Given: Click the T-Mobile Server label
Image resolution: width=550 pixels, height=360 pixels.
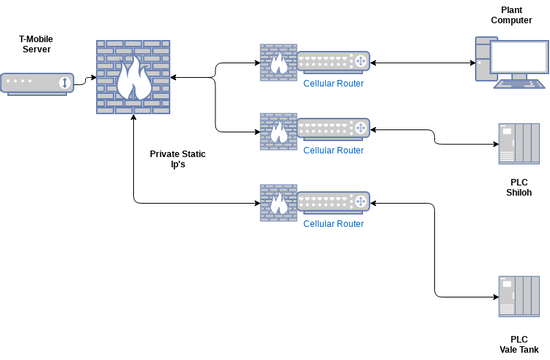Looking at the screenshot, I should (x=36, y=45).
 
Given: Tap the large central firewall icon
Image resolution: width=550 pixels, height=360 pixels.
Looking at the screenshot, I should (x=132, y=76).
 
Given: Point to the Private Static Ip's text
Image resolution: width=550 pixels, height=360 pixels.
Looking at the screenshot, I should (x=178, y=160).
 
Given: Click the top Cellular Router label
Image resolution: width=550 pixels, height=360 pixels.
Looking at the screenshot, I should (x=333, y=84).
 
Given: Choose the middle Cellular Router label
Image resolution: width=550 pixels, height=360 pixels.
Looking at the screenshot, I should (x=333, y=150).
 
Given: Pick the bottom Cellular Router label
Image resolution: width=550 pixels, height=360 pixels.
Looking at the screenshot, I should (x=333, y=224).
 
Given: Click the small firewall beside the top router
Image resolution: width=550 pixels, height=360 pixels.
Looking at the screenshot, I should (x=279, y=63).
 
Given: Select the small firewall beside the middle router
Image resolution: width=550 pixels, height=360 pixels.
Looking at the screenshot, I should (x=279, y=131).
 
